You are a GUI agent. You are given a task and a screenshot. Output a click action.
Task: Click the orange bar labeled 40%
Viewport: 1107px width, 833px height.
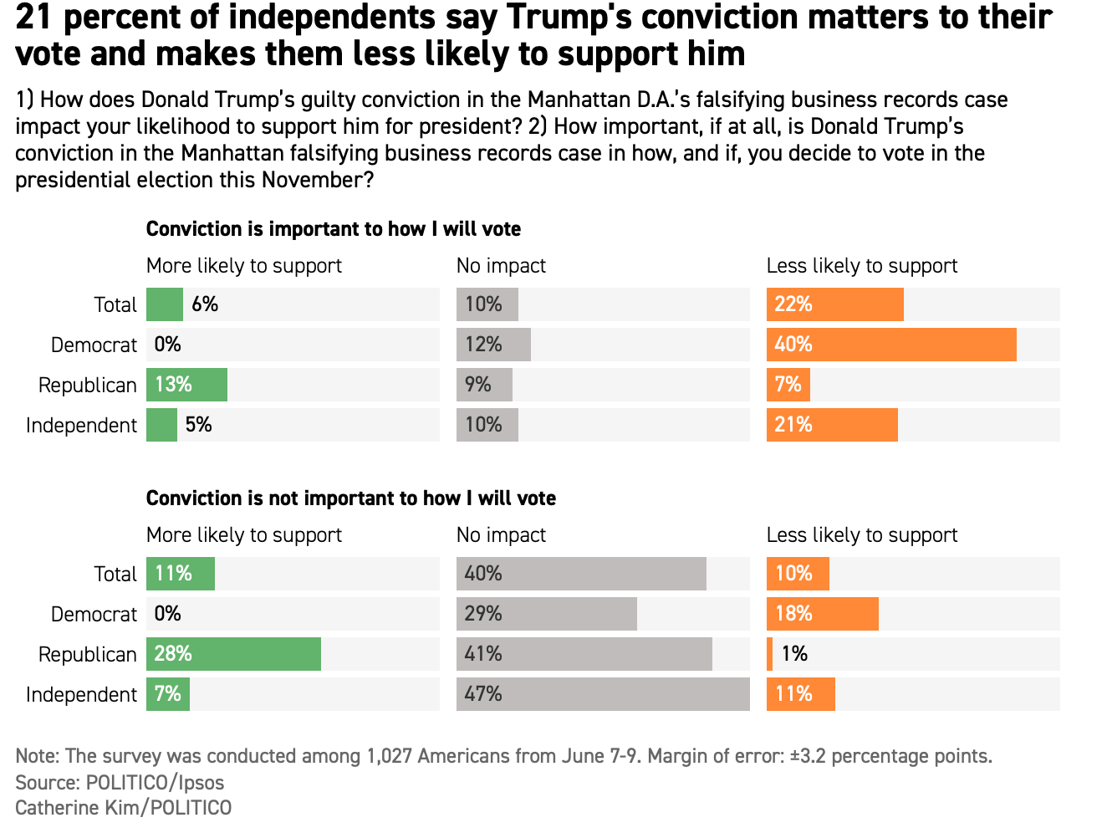tap(891, 345)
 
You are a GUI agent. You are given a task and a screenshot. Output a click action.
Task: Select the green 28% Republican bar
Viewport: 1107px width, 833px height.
tap(233, 654)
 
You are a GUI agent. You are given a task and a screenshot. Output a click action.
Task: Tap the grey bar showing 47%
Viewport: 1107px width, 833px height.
tap(603, 694)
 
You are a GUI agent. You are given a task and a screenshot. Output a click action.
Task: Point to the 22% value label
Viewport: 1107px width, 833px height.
tap(793, 304)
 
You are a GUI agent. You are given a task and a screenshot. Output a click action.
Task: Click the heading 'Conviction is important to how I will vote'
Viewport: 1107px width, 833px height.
tap(333, 229)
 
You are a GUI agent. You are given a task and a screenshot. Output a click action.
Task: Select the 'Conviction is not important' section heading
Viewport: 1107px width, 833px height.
tap(350, 498)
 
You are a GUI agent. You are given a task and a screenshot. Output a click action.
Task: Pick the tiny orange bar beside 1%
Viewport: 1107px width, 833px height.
tap(769, 654)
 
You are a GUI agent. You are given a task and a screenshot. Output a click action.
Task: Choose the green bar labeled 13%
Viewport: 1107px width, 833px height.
tap(186, 385)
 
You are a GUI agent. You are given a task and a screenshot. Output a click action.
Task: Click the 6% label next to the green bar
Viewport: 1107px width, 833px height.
tap(205, 304)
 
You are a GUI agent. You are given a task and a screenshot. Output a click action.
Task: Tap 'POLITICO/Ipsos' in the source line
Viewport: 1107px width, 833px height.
tap(155, 783)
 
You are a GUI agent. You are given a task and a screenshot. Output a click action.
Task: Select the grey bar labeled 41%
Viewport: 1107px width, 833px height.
tap(584, 654)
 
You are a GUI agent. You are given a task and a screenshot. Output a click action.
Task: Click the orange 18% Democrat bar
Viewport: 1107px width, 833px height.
tap(823, 614)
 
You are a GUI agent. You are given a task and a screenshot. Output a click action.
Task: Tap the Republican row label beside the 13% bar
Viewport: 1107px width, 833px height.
tap(87, 385)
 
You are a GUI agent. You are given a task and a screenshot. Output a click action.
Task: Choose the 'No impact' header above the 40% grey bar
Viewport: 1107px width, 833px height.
tap(501, 535)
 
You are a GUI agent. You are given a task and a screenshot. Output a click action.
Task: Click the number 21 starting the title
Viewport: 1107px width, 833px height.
tap(33, 17)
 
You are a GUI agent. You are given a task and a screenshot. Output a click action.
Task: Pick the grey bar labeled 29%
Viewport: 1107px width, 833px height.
tap(547, 614)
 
